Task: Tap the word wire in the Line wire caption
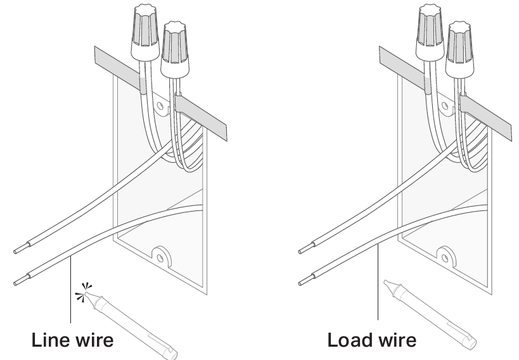pos(94,340)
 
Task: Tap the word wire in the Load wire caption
pos(396,340)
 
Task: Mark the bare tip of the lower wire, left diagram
pos(19,280)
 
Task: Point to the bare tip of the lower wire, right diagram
pos(304,280)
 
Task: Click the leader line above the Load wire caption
pos(378,285)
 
